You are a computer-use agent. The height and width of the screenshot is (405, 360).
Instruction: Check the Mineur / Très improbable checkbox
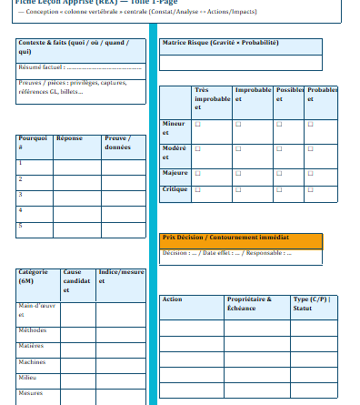[x=197, y=124]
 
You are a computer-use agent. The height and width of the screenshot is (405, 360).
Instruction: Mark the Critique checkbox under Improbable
[x=238, y=189]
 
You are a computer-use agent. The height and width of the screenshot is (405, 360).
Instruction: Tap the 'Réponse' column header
[x=69, y=138]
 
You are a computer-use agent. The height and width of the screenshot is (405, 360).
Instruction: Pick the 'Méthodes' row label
[x=33, y=329]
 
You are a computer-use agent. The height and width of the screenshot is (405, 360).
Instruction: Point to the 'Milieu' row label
[x=29, y=377]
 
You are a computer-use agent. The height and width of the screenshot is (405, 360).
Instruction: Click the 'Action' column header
[x=173, y=299]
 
